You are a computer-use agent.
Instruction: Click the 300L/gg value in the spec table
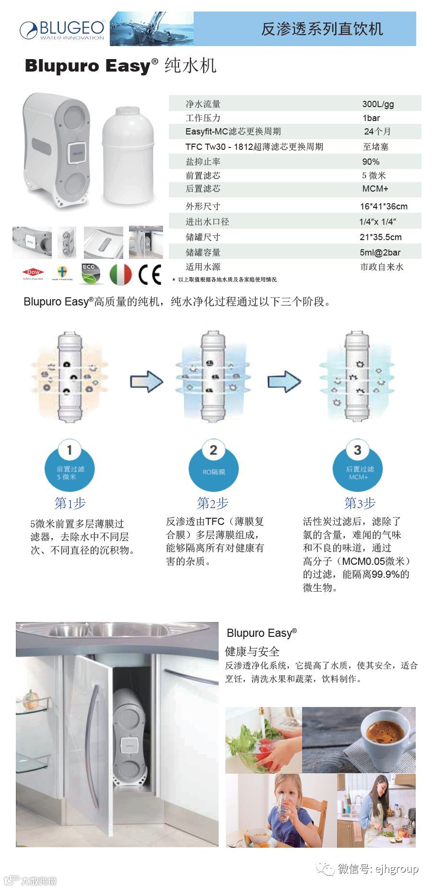(x=378, y=104)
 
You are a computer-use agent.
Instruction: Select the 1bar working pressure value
(x=371, y=118)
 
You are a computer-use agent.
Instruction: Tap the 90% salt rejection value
(x=371, y=161)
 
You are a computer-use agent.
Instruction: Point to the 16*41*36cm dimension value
(x=384, y=207)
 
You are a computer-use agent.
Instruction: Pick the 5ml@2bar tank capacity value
(x=380, y=252)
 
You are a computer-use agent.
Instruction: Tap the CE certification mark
(x=150, y=275)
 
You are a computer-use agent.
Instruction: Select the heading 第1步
(x=70, y=503)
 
